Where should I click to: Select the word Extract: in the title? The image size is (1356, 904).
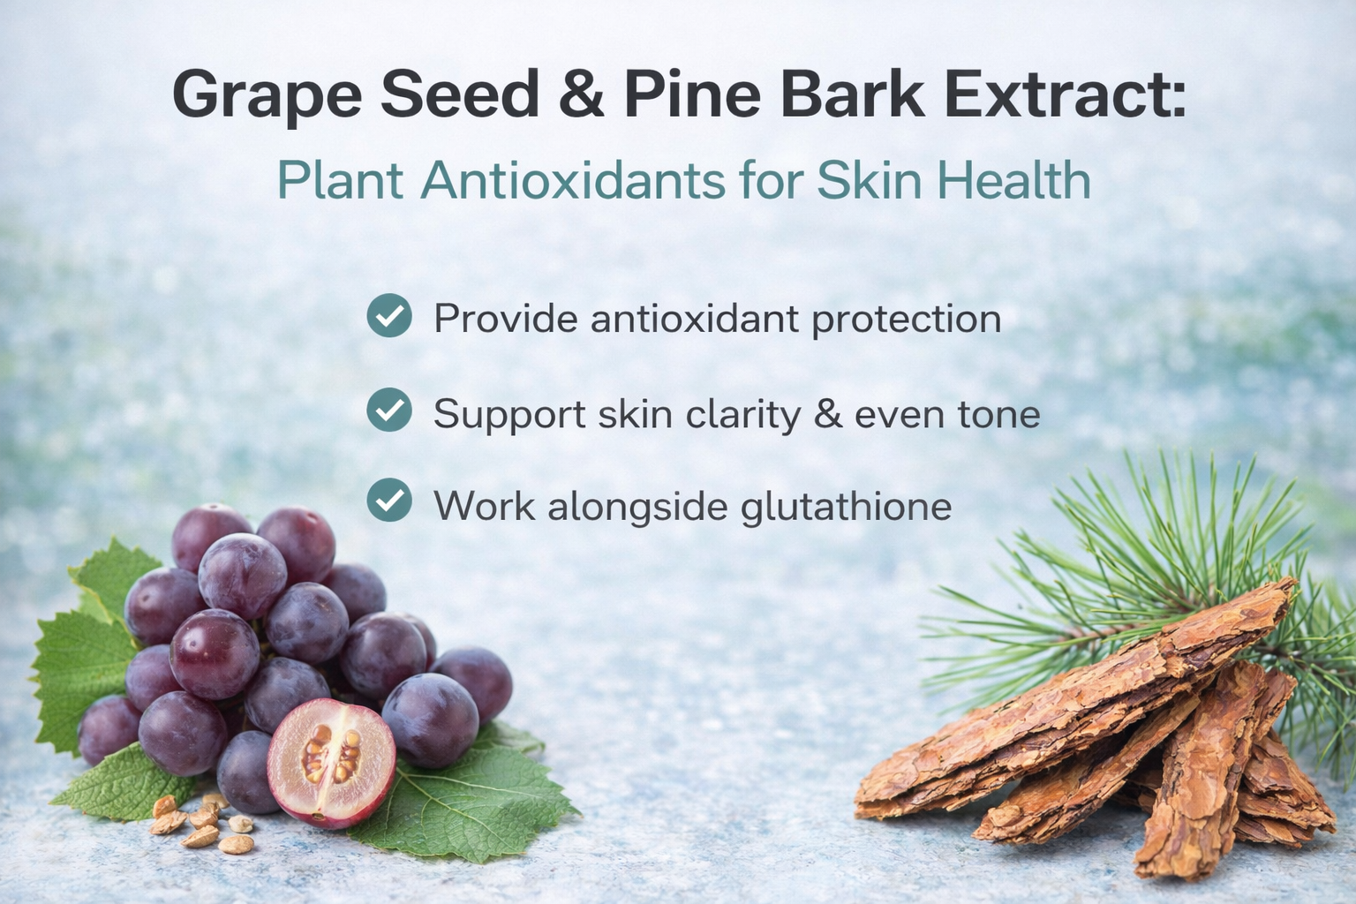click(1065, 93)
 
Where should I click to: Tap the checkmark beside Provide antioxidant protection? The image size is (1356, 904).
click(389, 316)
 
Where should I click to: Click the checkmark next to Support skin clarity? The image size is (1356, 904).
click(389, 410)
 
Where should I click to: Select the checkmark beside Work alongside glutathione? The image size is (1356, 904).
click(389, 501)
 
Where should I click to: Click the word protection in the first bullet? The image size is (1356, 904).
click(907, 320)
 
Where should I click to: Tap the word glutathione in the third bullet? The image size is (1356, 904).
click(846, 507)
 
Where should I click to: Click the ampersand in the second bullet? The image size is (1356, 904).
click(828, 414)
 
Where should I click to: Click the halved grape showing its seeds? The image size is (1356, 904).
click(331, 762)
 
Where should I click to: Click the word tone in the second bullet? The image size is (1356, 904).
click(1003, 414)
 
